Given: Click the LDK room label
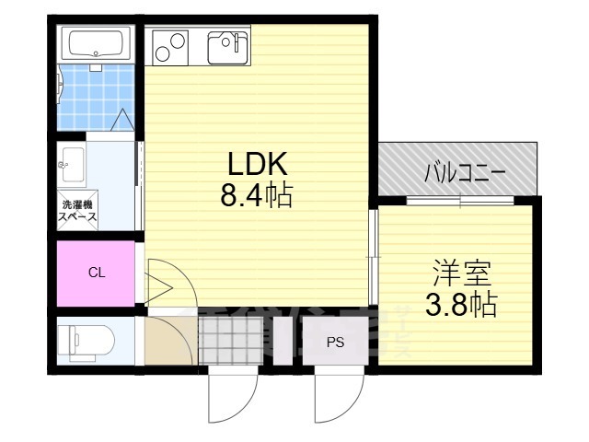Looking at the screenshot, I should (259, 164).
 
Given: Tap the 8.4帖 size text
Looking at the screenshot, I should (257, 195).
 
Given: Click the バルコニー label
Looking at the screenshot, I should (464, 172).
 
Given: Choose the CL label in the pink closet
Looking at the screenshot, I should (97, 273).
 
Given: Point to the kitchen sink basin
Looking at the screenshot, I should (226, 44).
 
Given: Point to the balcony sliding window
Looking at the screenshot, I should (459, 200).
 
